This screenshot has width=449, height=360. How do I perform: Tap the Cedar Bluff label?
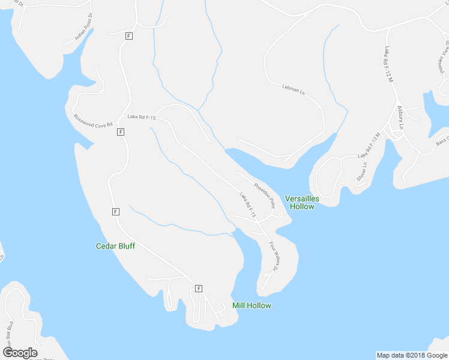click(115, 246)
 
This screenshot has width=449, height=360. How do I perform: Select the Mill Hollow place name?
click(252, 305)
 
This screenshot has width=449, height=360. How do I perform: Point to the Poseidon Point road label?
click(264, 195)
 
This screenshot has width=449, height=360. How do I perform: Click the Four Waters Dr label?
click(275, 256)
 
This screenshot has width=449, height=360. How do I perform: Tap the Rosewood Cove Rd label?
click(93, 120)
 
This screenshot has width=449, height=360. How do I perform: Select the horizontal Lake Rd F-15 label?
click(141, 118)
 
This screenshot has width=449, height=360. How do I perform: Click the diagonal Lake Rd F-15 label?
click(247, 205)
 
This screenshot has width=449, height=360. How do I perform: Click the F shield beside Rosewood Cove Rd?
click(121, 131)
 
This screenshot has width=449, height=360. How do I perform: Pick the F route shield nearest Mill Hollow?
click(199, 288)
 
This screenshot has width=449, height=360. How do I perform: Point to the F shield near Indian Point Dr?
click(128, 36)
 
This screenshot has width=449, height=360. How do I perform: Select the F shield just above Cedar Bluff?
click(115, 211)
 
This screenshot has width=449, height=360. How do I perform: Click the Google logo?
click(20, 352)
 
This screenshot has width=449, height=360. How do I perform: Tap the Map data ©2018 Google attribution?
click(411, 355)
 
